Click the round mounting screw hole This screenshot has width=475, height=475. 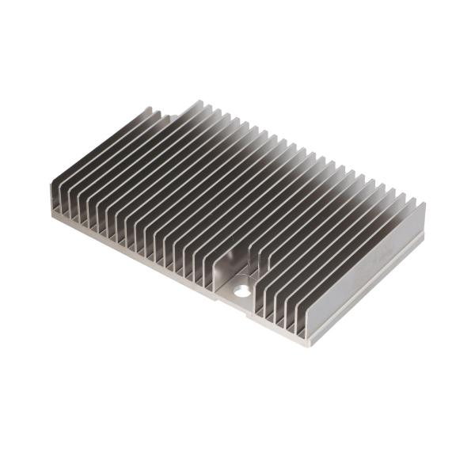tap(241, 291)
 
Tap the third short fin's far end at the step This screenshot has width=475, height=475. tap(169, 116)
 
